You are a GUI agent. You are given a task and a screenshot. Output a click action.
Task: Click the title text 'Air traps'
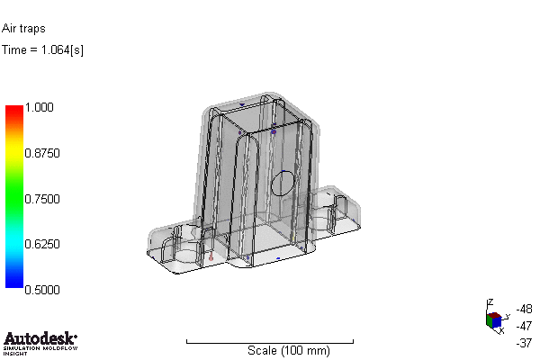click(23, 29)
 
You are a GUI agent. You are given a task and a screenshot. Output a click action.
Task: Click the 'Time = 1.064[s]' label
click(43, 49)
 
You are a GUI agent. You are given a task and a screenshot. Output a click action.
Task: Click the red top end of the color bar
click(13, 111)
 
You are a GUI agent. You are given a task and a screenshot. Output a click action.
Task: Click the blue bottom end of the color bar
click(13, 283)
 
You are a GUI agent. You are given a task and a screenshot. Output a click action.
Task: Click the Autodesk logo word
click(39, 338)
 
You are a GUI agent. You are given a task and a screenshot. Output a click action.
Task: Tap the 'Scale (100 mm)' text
click(288, 350)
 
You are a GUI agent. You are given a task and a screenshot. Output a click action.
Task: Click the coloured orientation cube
click(493, 320)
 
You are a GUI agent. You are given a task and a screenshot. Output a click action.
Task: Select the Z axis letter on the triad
click(489, 302)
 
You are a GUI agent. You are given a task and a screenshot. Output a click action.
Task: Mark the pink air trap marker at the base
click(211, 256)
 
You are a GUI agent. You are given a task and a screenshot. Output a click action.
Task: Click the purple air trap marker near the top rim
click(273, 131)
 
